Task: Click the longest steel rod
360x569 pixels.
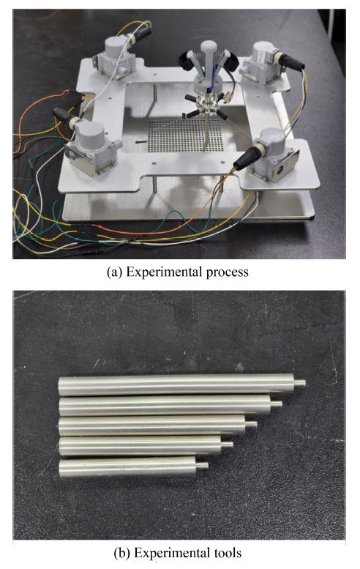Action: pos(181,384)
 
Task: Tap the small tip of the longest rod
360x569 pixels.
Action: pos(299,383)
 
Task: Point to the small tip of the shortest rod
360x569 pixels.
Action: pos(202,465)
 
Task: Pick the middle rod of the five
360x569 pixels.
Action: pos(158,426)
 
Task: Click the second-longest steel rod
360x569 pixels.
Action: pos(170,406)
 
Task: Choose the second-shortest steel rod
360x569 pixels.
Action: pos(146,446)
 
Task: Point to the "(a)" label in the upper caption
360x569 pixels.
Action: pos(115,272)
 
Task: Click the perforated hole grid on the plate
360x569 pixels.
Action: pos(186,135)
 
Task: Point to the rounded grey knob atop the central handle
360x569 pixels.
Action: pos(209,47)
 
